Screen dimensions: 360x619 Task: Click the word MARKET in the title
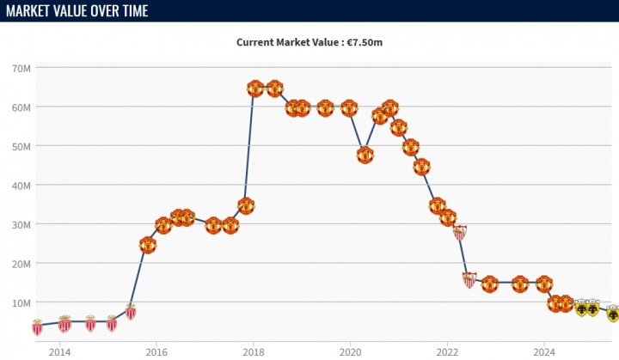(x=34, y=10)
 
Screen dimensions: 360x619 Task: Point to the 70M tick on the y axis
(x=21, y=68)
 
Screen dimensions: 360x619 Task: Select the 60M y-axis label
(x=21, y=107)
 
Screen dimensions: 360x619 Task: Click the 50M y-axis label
(x=21, y=146)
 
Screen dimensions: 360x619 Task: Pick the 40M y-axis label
(x=21, y=186)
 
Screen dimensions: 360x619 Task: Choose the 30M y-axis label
(x=21, y=224)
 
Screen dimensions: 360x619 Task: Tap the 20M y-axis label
(x=21, y=264)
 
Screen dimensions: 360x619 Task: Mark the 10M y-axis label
(x=21, y=302)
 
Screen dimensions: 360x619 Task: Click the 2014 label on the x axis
(x=59, y=351)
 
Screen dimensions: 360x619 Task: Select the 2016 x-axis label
(x=156, y=351)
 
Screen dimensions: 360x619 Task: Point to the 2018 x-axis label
(x=253, y=351)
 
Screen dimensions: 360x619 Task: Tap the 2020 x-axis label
(x=350, y=351)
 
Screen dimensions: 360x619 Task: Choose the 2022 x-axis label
(x=447, y=351)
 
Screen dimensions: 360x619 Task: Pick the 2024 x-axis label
(x=543, y=351)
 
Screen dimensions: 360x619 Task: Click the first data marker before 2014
(x=37, y=326)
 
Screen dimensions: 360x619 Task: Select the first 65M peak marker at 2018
(x=254, y=88)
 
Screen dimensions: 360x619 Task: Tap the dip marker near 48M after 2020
(x=365, y=156)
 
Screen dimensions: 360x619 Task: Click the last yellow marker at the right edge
(x=612, y=313)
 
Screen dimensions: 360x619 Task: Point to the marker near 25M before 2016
(x=148, y=245)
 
